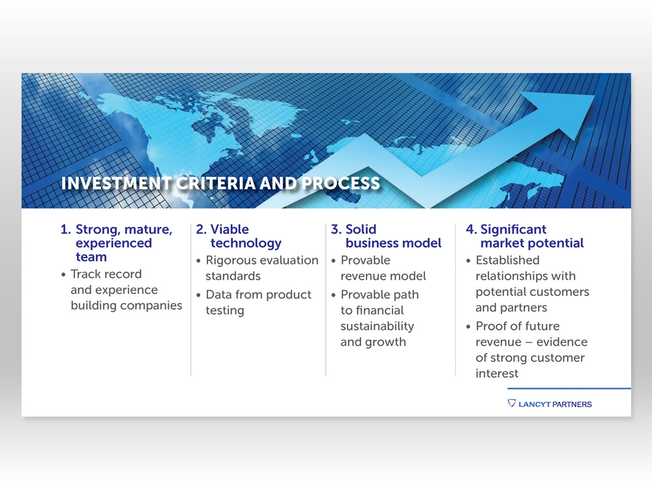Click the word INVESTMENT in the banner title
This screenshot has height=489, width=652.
(x=116, y=183)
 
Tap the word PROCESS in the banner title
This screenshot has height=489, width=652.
(x=341, y=183)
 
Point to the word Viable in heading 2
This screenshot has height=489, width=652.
(x=230, y=230)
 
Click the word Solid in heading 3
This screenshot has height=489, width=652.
(x=361, y=230)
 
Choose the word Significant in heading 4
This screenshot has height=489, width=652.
(x=513, y=230)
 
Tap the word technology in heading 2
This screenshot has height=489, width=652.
(x=246, y=244)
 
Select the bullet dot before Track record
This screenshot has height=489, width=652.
(x=63, y=275)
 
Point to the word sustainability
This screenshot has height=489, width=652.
(x=377, y=327)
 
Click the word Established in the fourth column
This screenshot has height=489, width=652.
(x=507, y=260)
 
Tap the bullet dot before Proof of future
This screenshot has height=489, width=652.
(x=468, y=327)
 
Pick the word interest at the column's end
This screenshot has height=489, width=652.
(x=497, y=374)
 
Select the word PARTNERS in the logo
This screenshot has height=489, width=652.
(x=572, y=405)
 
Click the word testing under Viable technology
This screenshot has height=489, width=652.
(x=224, y=311)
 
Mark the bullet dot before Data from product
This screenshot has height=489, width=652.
(x=198, y=295)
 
